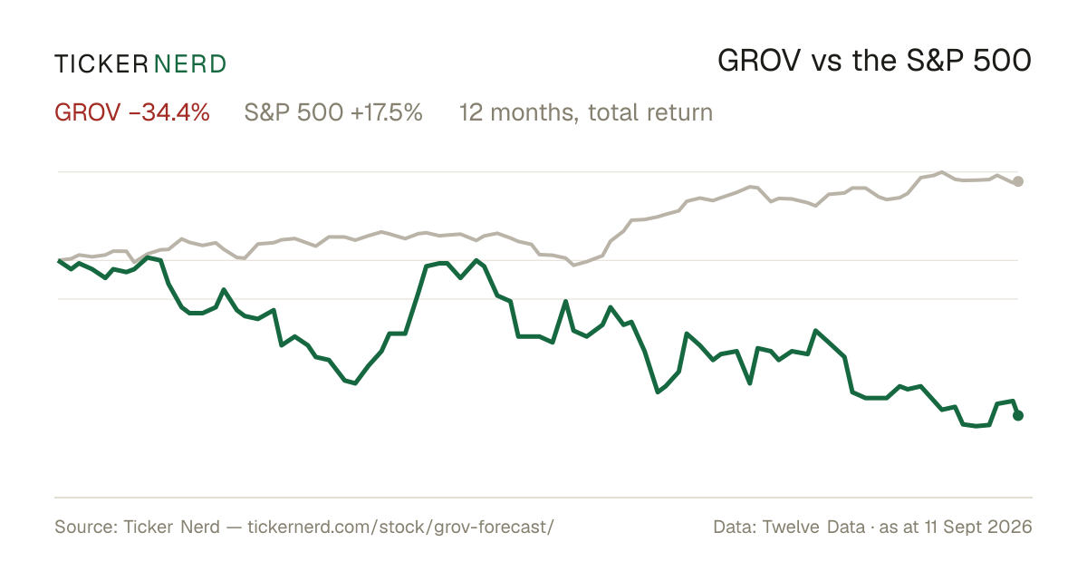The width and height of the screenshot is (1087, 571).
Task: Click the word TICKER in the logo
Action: pyautogui.click(x=101, y=64)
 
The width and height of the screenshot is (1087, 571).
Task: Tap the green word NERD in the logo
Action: pyautogui.click(x=189, y=64)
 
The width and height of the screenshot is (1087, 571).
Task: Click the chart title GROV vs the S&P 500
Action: pyautogui.click(x=874, y=61)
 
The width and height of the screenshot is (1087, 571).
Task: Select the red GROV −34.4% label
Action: pyautogui.click(x=132, y=112)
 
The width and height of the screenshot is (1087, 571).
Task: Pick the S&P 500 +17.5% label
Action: pyautogui.click(x=333, y=112)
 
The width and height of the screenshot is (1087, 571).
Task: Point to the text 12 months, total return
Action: pyautogui.click(x=586, y=112)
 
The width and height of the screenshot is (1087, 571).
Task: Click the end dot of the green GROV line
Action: pyautogui.click(x=1018, y=415)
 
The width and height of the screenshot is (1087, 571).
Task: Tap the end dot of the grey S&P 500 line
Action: pyautogui.click(x=1018, y=181)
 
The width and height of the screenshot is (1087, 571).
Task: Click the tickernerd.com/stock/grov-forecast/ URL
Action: pyautogui.click(x=400, y=527)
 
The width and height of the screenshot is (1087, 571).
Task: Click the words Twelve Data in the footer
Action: pyautogui.click(x=813, y=527)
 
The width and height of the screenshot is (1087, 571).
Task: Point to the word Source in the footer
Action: pyautogui.click(x=83, y=527)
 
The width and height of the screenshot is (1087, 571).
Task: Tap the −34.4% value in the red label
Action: pyautogui.click(x=169, y=112)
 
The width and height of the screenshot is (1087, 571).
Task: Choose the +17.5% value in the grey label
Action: pyautogui.click(x=387, y=112)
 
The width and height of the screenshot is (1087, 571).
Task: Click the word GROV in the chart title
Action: pyautogui.click(x=759, y=61)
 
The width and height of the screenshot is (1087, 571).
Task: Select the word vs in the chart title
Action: pyautogui.click(x=826, y=64)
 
